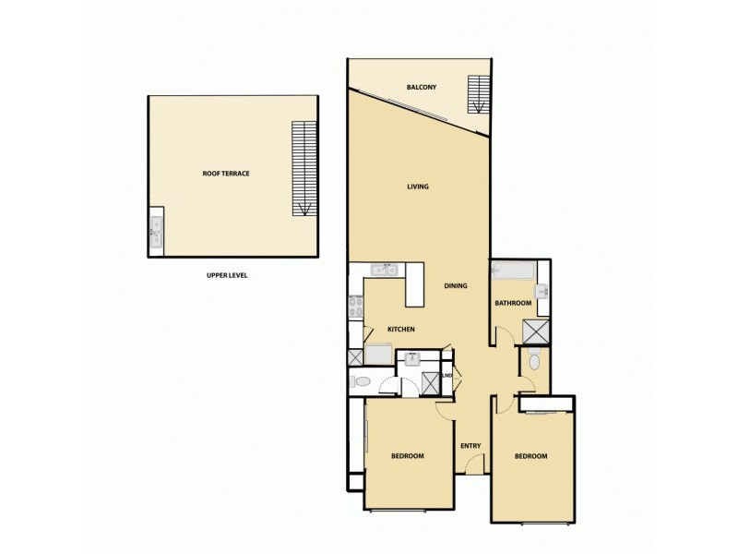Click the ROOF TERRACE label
(x=227, y=174)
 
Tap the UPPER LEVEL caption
(x=227, y=275)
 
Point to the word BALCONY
(x=421, y=88)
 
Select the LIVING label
(x=418, y=187)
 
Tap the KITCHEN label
(x=400, y=330)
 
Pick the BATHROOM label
(x=513, y=304)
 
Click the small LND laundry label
(x=447, y=376)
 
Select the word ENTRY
(x=470, y=446)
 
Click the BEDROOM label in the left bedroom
(x=407, y=456)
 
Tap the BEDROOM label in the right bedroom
(x=530, y=456)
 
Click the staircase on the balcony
(x=477, y=93)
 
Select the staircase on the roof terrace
(x=303, y=166)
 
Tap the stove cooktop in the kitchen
(x=354, y=307)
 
